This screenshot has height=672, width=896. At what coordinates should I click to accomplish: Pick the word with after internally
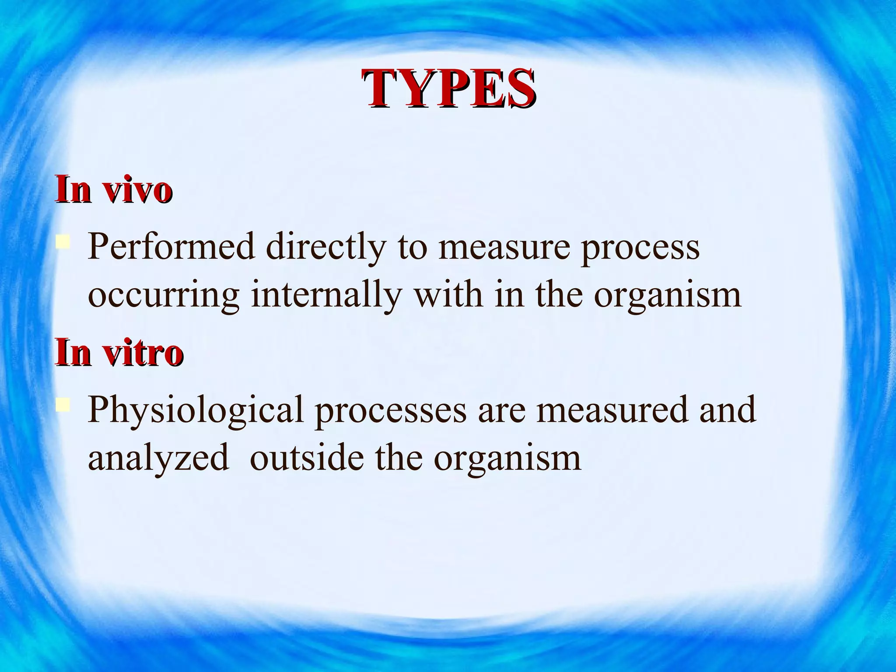(448, 294)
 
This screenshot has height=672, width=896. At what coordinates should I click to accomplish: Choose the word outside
(307, 458)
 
